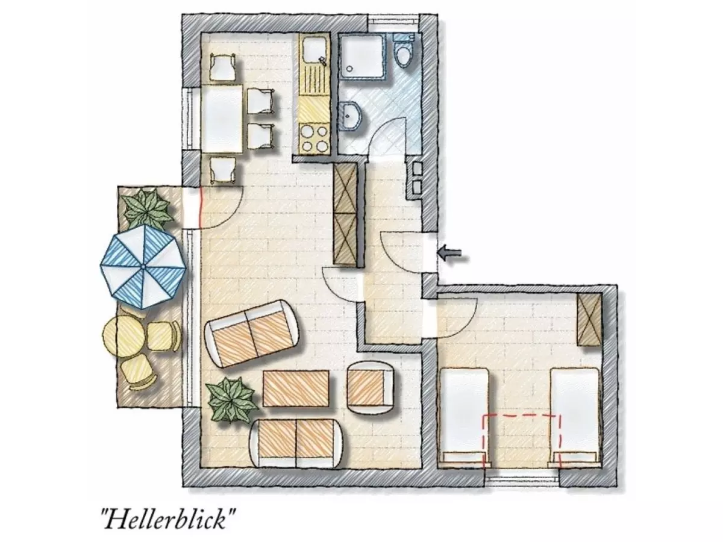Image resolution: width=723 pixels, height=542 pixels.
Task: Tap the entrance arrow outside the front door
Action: [x=452, y=254]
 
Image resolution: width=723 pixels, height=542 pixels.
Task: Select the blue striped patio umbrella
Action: [x=144, y=265]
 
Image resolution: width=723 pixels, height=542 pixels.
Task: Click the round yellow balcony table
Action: [x=124, y=337]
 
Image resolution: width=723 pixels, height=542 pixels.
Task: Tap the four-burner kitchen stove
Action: [x=315, y=138]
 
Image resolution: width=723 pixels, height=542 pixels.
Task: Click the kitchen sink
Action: [x=315, y=51]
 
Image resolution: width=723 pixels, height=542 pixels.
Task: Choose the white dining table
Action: [x=222, y=118]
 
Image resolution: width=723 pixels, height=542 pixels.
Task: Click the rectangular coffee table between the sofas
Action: [x=296, y=388]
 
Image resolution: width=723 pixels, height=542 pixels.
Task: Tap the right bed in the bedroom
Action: [x=575, y=416]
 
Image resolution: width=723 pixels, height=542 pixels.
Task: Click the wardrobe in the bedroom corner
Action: [x=589, y=319]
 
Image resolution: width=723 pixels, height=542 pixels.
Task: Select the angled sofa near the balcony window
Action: [x=252, y=332]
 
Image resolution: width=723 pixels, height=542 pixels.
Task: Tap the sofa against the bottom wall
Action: [x=298, y=441]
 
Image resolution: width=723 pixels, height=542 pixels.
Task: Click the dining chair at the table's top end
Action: [x=222, y=67]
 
